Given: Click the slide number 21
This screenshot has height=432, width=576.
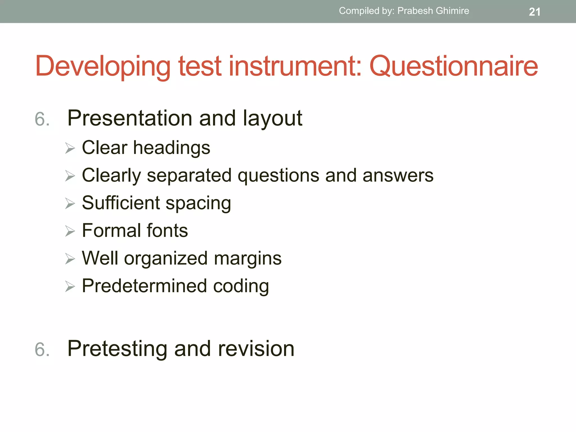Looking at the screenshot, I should point(534,12).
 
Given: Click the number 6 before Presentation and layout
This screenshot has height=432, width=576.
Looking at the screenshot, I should point(42,119).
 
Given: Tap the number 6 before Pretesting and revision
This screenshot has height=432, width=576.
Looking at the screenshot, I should point(42,350).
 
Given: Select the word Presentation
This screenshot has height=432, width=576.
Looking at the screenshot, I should point(130,118).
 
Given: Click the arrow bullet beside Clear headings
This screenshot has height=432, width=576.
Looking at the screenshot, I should point(70,148).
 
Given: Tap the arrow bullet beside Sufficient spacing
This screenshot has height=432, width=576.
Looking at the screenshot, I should point(70,203).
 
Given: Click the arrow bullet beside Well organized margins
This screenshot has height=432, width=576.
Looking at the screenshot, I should point(70,259).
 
